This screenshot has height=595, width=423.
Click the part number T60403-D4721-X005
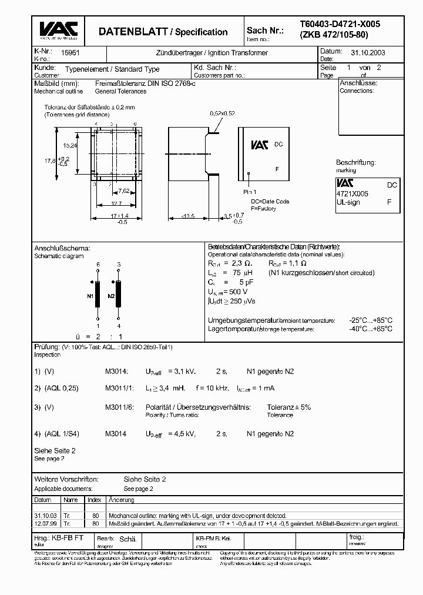click(x=340, y=24)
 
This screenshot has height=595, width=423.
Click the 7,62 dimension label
click(x=124, y=191)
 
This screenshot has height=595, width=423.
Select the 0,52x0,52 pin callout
click(x=223, y=113)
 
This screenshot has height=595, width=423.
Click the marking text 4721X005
click(x=352, y=193)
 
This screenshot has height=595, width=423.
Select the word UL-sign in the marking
click(x=348, y=202)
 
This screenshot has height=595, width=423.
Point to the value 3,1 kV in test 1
click(x=182, y=372)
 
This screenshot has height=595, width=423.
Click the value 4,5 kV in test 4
click(x=182, y=434)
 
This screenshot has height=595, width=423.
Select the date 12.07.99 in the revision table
click(x=46, y=523)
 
